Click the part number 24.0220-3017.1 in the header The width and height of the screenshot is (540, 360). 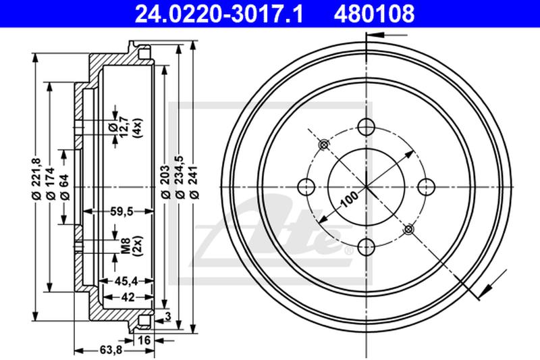pyautogui.click(x=219, y=14)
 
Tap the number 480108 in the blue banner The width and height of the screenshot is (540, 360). pyautogui.click(x=374, y=14)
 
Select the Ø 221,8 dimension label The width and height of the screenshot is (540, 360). pyautogui.click(x=37, y=178)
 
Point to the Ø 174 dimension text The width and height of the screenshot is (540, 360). pyautogui.click(x=51, y=183)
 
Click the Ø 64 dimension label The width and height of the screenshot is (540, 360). pyautogui.click(x=64, y=187)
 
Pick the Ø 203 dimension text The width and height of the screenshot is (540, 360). pyautogui.click(x=165, y=182)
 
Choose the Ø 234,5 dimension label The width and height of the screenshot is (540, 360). pyautogui.click(x=180, y=177)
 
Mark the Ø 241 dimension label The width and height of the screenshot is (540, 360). pyautogui.click(x=194, y=182)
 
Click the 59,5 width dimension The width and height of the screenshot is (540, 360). pyautogui.click(x=122, y=211)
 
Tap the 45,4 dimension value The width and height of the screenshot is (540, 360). pyautogui.click(x=126, y=281)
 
